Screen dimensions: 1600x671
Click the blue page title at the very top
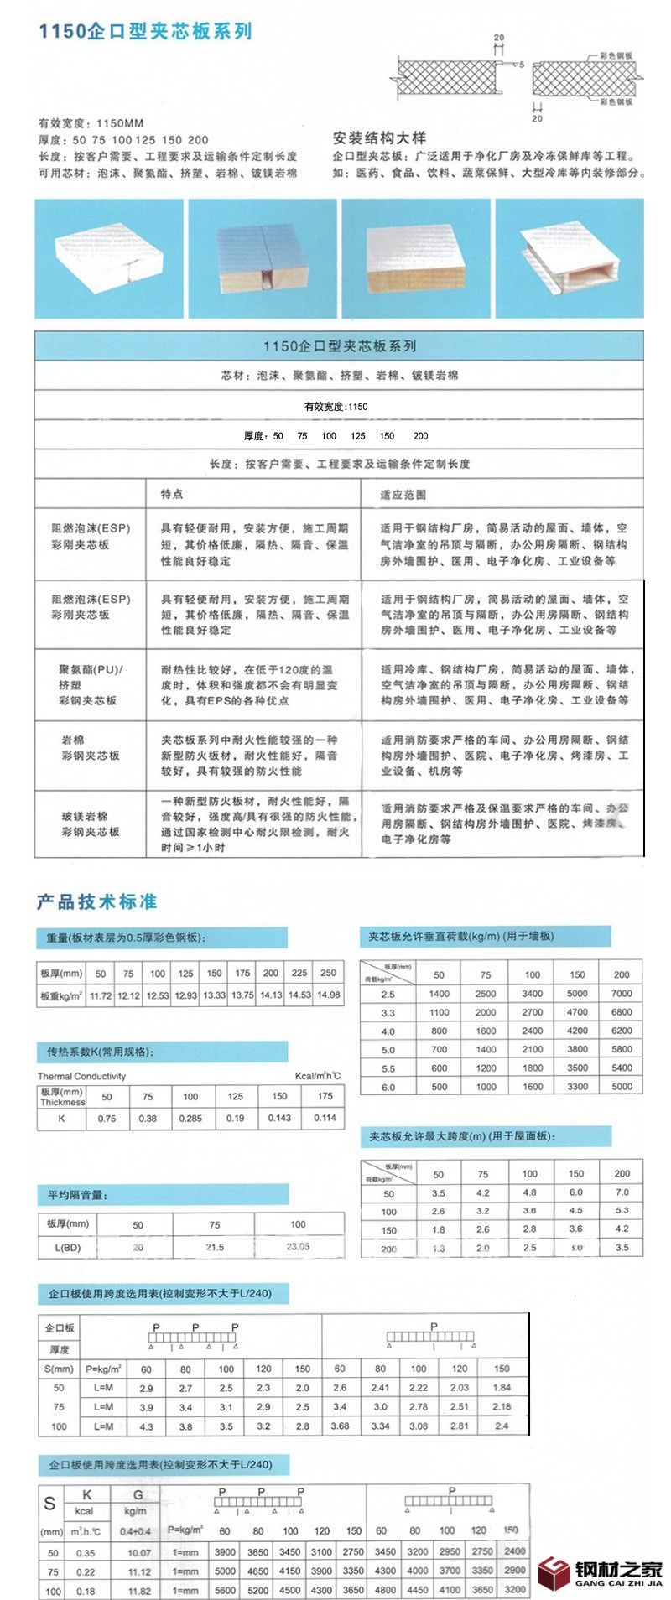click(145, 32)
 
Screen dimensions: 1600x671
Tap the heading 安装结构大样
click(379, 138)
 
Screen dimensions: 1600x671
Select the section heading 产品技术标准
click(96, 901)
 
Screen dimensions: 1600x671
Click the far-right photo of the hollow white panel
click(570, 259)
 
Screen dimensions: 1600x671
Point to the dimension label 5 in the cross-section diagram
click(520, 65)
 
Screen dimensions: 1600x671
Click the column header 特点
click(172, 494)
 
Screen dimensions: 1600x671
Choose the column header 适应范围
click(403, 495)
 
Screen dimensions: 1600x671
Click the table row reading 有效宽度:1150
click(335, 407)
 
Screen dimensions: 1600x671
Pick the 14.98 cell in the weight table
click(328, 995)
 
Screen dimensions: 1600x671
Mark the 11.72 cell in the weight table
click(101, 995)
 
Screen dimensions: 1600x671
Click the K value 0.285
click(190, 1118)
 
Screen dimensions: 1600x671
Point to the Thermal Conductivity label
click(81, 1076)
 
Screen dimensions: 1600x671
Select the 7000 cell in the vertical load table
click(622, 994)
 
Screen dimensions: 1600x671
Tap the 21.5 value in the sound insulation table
click(215, 1247)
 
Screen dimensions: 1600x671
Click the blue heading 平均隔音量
click(77, 1195)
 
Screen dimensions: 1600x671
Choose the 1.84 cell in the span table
click(502, 1388)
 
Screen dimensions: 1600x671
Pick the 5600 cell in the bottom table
click(225, 1590)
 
